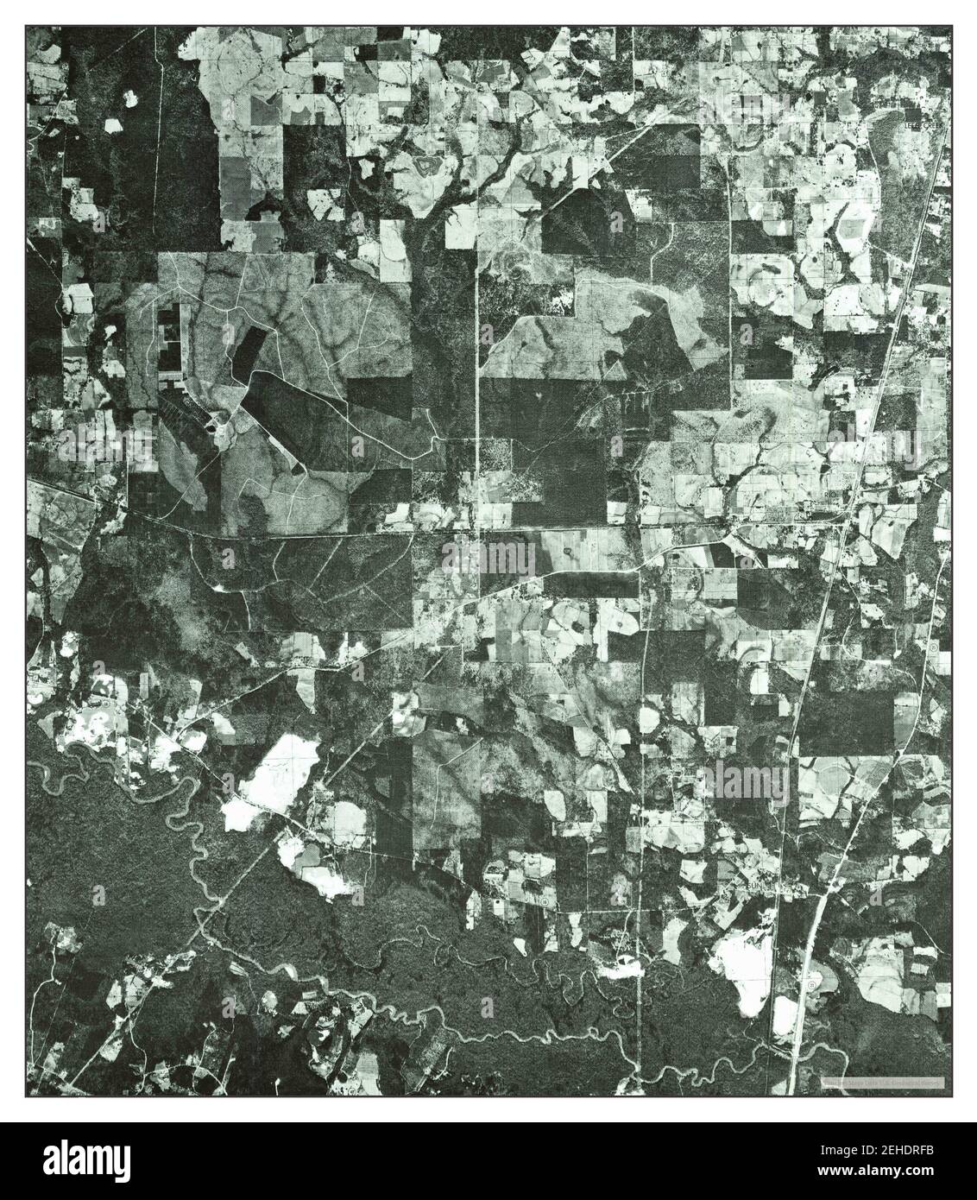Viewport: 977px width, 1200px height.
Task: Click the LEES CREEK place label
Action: [x=923, y=124]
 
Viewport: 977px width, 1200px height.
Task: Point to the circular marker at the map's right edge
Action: [x=934, y=646]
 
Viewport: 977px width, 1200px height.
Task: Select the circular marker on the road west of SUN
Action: [x=546, y=901]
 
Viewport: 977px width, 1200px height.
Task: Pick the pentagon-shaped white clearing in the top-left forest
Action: [x=112, y=125]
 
